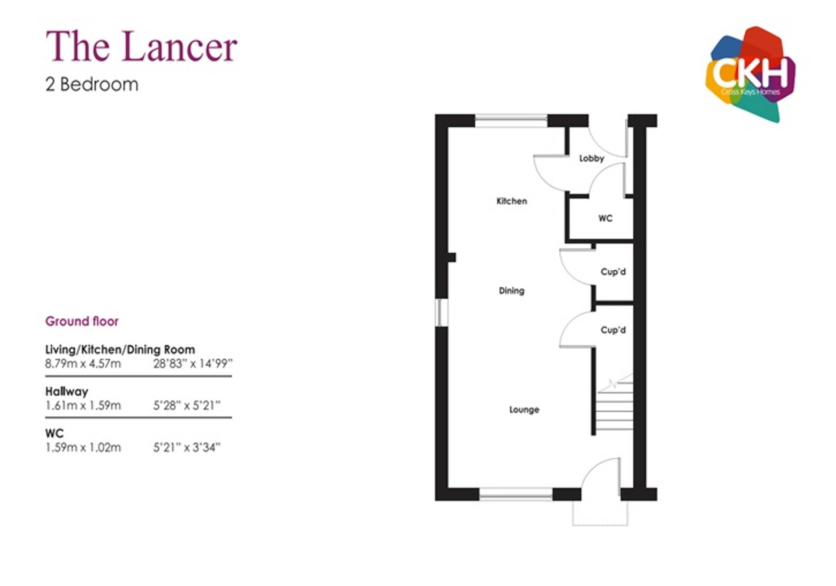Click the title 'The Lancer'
(141, 46)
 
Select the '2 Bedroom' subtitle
(92, 85)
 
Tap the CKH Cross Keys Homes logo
(751, 74)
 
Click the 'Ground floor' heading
(82, 321)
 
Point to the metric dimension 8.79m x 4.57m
(83, 363)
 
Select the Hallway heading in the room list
(66, 392)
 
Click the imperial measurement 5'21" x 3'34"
(187, 447)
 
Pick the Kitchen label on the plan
(512, 201)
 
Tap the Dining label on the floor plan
(512, 291)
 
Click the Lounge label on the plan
(524, 410)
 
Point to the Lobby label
(592, 158)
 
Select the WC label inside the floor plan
(605, 218)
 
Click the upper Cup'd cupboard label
(613, 272)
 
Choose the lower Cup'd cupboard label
(613, 330)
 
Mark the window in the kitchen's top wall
(511, 121)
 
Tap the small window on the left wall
(441, 313)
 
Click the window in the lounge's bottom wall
(516, 494)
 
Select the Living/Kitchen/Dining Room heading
(120, 350)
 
